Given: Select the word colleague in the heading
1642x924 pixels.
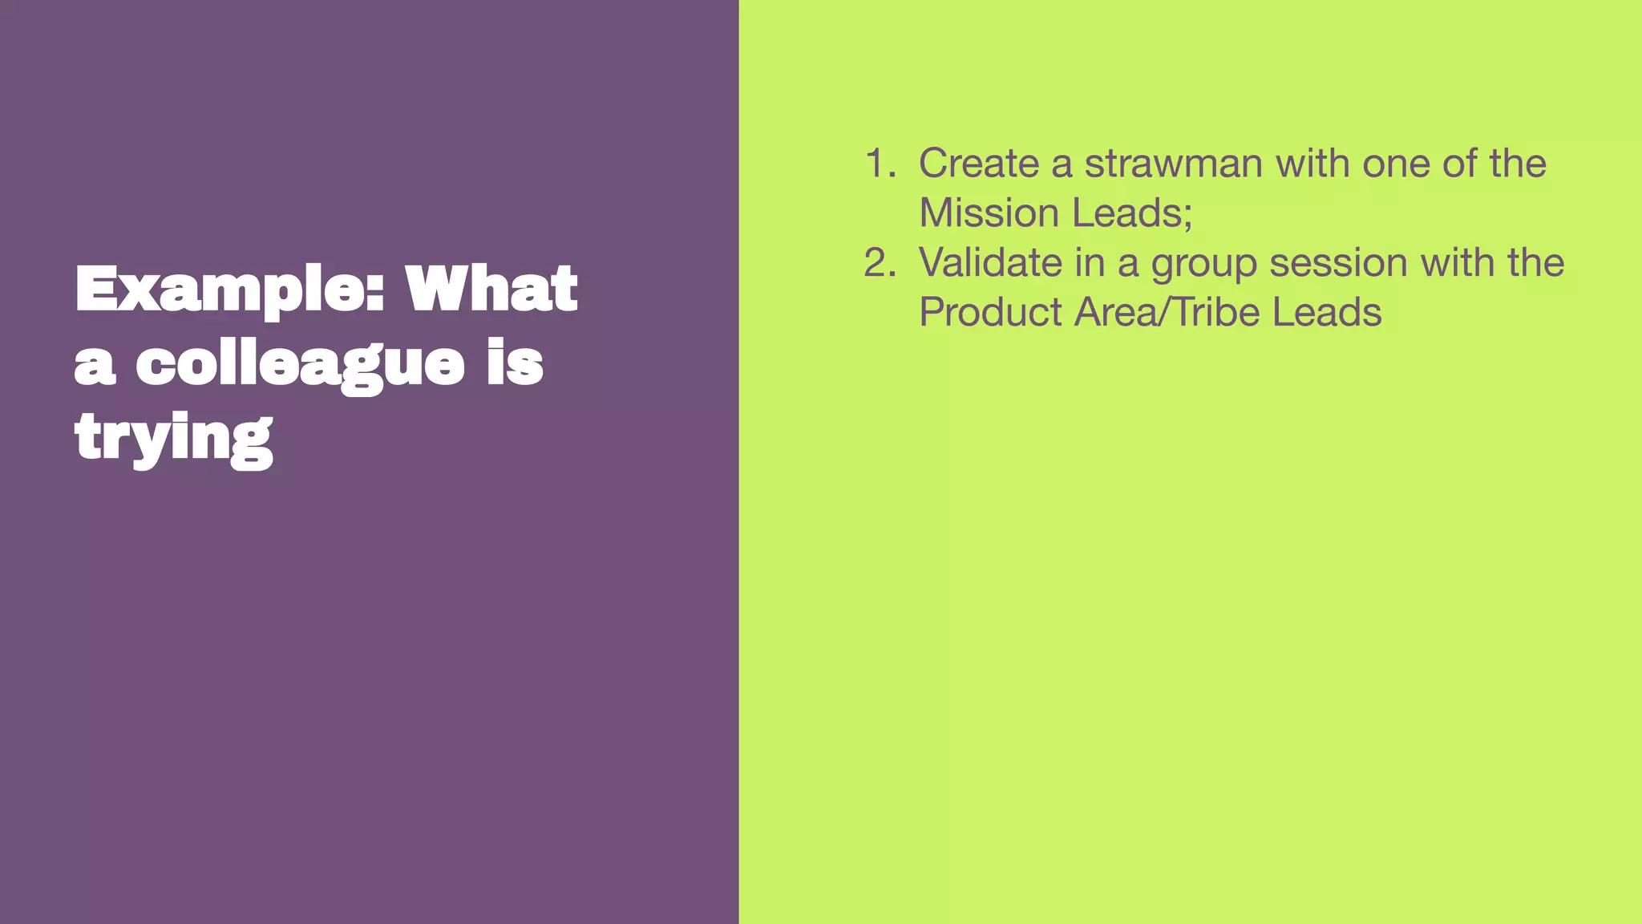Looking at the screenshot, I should point(299,365).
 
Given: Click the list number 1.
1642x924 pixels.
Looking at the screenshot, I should point(880,164).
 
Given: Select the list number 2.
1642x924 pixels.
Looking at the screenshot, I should point(880,263).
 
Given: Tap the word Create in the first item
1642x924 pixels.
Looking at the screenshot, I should point(978,164).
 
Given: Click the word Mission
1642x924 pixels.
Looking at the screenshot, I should point(989,213).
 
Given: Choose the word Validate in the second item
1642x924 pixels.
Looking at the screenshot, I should point(990,263).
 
